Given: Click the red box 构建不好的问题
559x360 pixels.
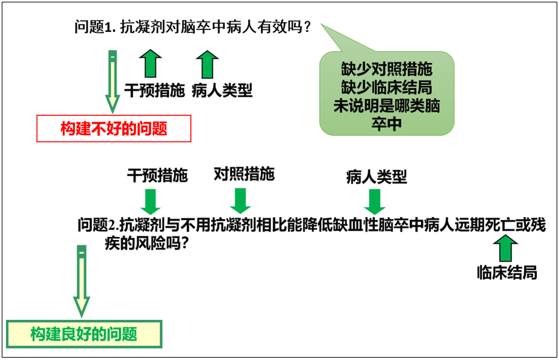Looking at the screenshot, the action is pos(114,128).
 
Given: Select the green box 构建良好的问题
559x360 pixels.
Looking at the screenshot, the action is pos(84,334).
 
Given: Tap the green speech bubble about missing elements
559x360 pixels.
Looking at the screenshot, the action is pos(386,94).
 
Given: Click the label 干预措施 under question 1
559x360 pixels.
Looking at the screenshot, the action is pos(154,91).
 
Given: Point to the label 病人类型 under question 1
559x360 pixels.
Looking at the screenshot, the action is pos(222,91).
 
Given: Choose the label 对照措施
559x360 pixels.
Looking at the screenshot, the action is pos(244,174).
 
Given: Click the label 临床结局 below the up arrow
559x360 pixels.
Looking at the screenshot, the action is pos(507,272).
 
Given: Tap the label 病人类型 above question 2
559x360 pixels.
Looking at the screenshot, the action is pos(377,176).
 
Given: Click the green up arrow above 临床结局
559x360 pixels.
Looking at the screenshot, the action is pos(506,248).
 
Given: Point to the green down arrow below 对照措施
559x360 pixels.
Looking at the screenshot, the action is pos(241,201).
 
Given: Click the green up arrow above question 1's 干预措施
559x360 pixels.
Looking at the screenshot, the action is pos(151,64).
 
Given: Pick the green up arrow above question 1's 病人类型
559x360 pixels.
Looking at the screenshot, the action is pos(208,64).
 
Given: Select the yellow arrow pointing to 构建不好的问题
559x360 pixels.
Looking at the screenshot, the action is pos(113,82).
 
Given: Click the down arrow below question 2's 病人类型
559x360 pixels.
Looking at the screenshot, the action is pos(375,202).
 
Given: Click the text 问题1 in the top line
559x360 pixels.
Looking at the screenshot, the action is pos(94,27).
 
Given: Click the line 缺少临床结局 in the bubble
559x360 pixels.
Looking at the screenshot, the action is pos(386,88).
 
